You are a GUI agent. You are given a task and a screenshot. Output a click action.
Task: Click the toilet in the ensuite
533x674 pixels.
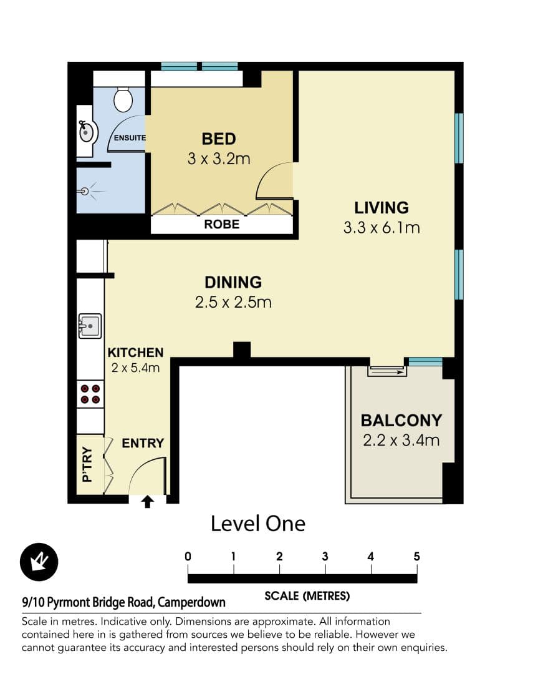[123, 98]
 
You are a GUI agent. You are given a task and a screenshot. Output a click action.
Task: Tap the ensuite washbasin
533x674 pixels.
[87, 132]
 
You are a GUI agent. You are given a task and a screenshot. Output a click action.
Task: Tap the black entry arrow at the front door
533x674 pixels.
[148, 501]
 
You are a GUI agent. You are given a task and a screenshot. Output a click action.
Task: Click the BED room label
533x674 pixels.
[219, 139]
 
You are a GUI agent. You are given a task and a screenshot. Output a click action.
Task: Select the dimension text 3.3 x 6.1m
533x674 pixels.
[382, 228]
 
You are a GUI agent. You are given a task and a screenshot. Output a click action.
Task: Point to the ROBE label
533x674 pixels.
[221, 224]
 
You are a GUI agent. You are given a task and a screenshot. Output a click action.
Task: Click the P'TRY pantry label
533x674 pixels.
[87, 464]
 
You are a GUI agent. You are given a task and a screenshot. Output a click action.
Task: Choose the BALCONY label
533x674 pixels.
[401, 420]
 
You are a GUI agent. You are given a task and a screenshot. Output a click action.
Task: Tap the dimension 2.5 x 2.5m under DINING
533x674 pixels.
[233, 303]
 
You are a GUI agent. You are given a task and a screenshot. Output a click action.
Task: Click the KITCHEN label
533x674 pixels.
[135, 353]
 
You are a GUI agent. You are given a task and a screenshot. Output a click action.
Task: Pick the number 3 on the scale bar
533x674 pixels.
[325, 557]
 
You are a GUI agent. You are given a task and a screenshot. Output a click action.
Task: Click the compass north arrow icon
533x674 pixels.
[39, 562]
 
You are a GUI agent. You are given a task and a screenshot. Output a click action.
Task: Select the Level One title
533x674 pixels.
[258, 523]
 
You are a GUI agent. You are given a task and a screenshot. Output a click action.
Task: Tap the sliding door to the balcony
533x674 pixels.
[387, 371]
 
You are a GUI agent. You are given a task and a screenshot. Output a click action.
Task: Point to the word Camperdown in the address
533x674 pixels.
[191, 602]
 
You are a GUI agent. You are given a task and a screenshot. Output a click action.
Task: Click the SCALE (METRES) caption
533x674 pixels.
[307, 596]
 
